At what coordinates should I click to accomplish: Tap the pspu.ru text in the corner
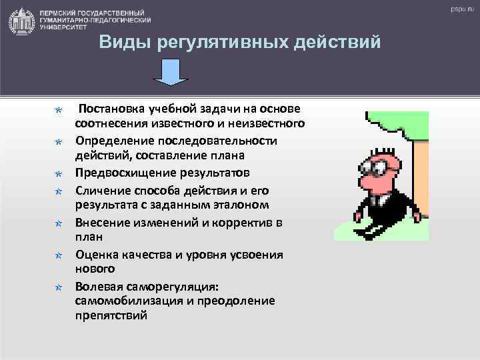pos(459,10)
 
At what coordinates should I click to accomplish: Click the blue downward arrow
pos(171,72)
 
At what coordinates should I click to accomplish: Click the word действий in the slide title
pos(341,43)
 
